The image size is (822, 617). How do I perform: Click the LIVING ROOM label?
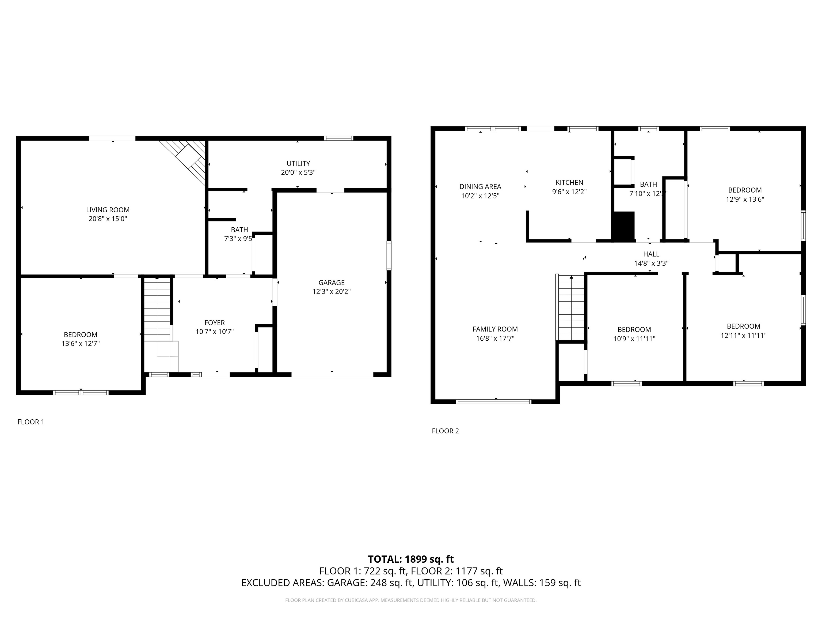(x=108, y=210)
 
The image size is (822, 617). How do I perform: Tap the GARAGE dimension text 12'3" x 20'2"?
(x=332, y=292)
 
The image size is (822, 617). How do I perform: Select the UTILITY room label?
(x=298, y=164)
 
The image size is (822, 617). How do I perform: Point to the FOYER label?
(x=214, y=323)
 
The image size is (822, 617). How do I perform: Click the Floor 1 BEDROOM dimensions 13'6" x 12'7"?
(x=81, y=344)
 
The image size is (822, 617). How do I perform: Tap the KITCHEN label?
(x=569, y=183)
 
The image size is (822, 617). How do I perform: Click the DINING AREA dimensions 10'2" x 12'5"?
(x=480, y=196)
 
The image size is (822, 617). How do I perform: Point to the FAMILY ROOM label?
(x=495, y=329)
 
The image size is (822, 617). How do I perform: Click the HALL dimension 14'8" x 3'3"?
(x=651, y=263)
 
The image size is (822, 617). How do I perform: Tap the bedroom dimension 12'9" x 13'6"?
(x=745, y=199)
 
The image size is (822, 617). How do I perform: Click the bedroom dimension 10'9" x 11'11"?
(x=634, y=339)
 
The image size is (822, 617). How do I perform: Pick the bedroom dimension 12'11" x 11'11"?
(x=743, y=336)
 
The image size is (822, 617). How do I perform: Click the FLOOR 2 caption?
(x=445, y=431)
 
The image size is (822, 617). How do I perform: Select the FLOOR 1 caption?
(x=31, y=422)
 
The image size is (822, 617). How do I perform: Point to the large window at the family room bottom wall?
(x=493, y=401)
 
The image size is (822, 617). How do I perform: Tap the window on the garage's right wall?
(x=389, y=255)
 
